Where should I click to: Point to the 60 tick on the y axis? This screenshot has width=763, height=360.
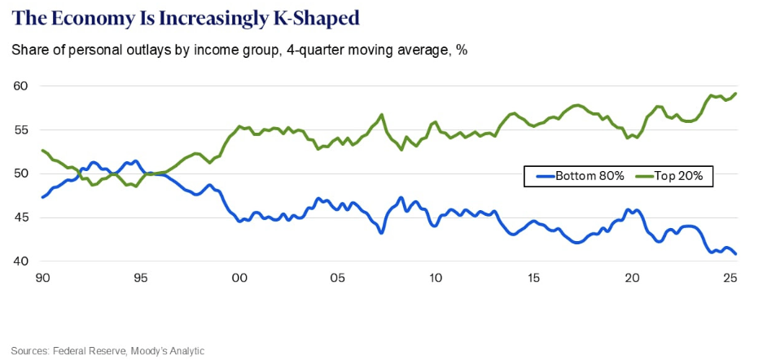click(21, 86)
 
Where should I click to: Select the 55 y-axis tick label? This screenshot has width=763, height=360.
click(21, 130)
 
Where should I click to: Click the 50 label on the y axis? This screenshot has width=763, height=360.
click(21, 174)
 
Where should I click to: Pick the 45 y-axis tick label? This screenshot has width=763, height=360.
click(21, 217)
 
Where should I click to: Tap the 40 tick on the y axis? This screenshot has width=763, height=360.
click(21, 261)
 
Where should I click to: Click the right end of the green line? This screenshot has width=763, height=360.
click(736, 94)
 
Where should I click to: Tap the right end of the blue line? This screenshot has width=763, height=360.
click(736, 253)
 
